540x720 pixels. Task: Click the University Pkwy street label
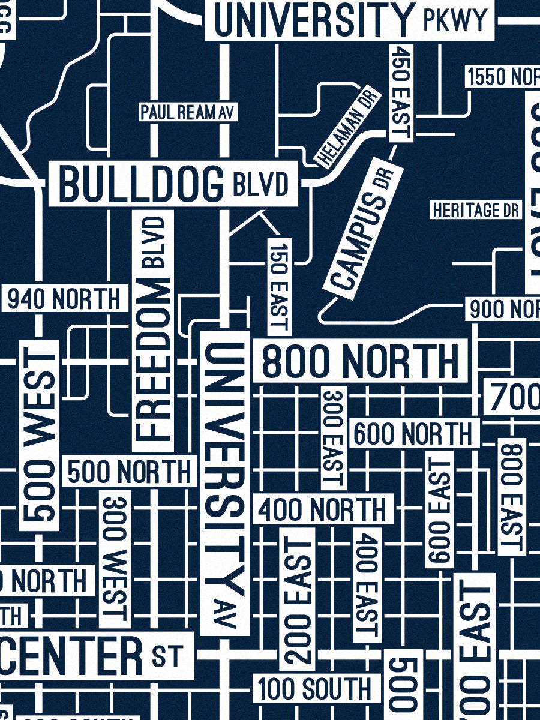(x=349, y=19)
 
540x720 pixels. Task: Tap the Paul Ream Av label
(x=187, y=112)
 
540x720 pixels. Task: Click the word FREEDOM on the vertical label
(x=152, y=360)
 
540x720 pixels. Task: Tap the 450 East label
(x=400, y=93)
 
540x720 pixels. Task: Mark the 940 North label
(x=64, y=299)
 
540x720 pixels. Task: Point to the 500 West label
(x=40, y=435)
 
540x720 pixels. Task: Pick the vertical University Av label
(x=225, y=480)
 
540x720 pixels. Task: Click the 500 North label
(x=130, y=472)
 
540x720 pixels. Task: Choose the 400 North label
(x=323, y=511)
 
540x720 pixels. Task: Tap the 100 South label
(x=316, y=689)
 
